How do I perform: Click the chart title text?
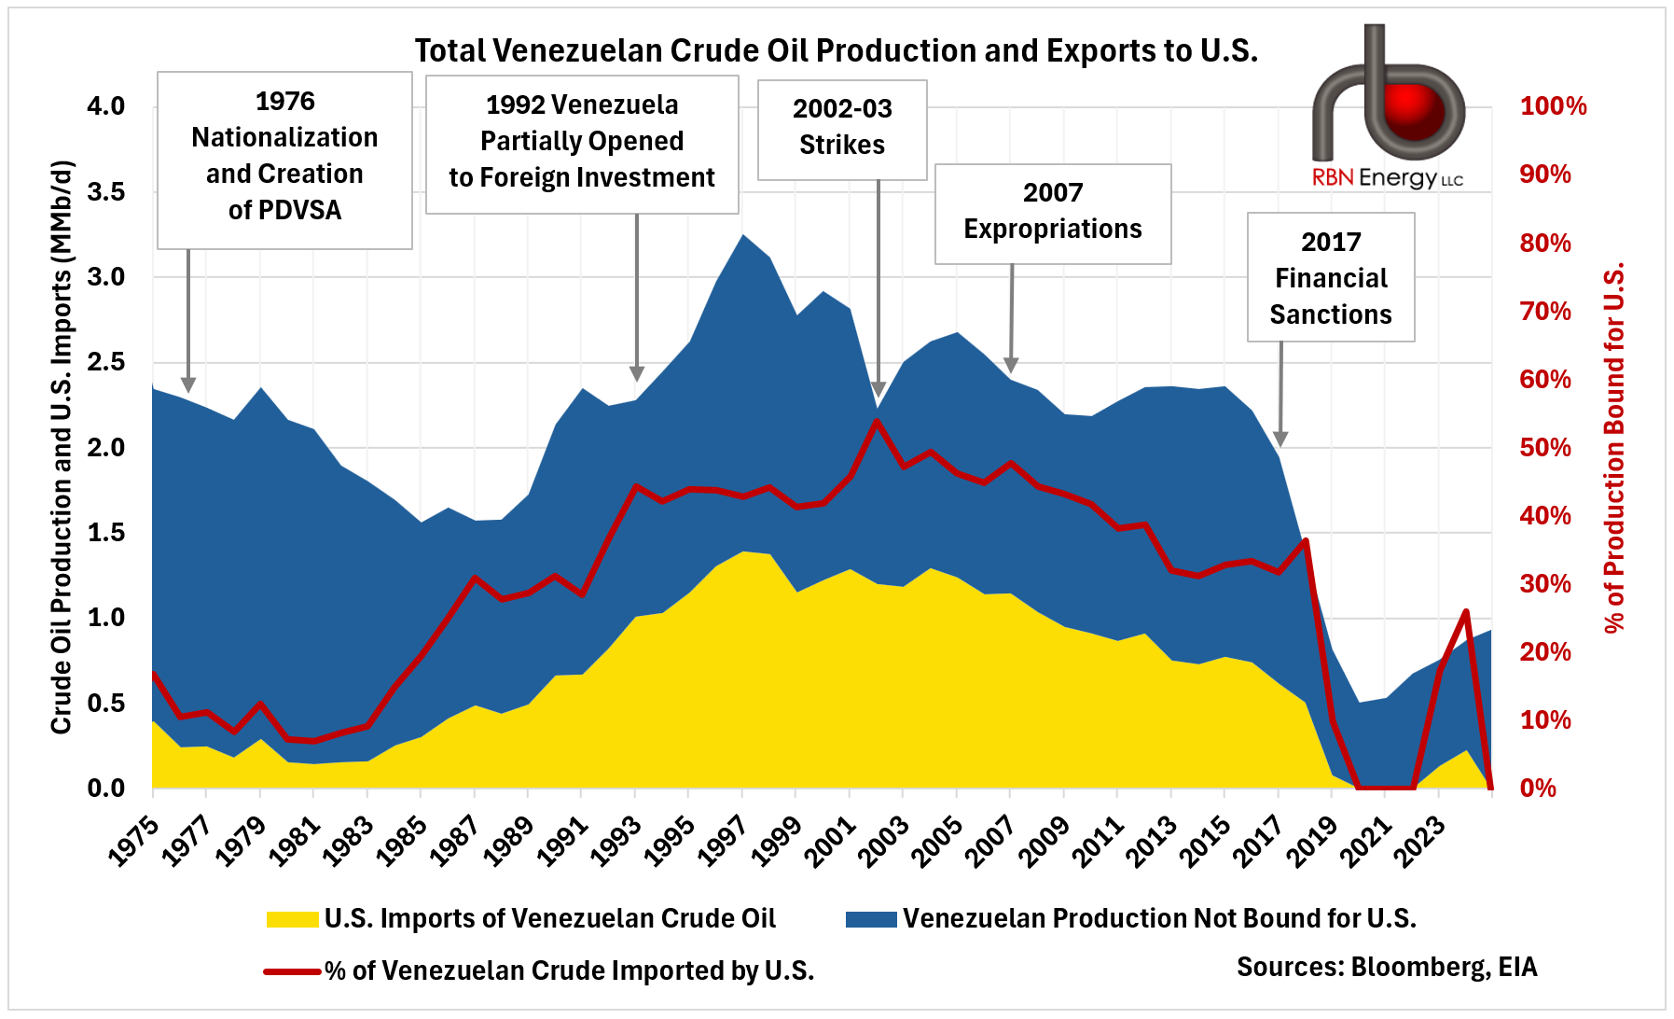coord(836,50)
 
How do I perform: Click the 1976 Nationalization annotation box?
coord(284,160)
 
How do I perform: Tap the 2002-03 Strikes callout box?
coord(841,129)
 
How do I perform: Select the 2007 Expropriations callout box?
coord(1052,214)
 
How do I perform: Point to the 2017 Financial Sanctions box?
coord(1330,277)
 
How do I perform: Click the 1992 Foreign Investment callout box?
coord(581,144)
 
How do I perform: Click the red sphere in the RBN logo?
coord(1414,109)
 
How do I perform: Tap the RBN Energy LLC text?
coord(1387,178)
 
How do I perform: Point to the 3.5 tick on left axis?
coord(105,192)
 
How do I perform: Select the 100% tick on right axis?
coord(1553,106)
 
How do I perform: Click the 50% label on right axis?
coord(1545,448)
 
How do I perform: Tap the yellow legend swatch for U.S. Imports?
coord(292,919)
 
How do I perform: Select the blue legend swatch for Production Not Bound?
coord(870,919)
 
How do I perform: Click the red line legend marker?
coord(292,971)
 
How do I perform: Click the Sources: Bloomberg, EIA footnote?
coord(1386,967)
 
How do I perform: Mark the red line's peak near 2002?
coord(877,421)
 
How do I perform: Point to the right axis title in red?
coord(1614,448)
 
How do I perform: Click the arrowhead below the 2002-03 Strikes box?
coord(878,389)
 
